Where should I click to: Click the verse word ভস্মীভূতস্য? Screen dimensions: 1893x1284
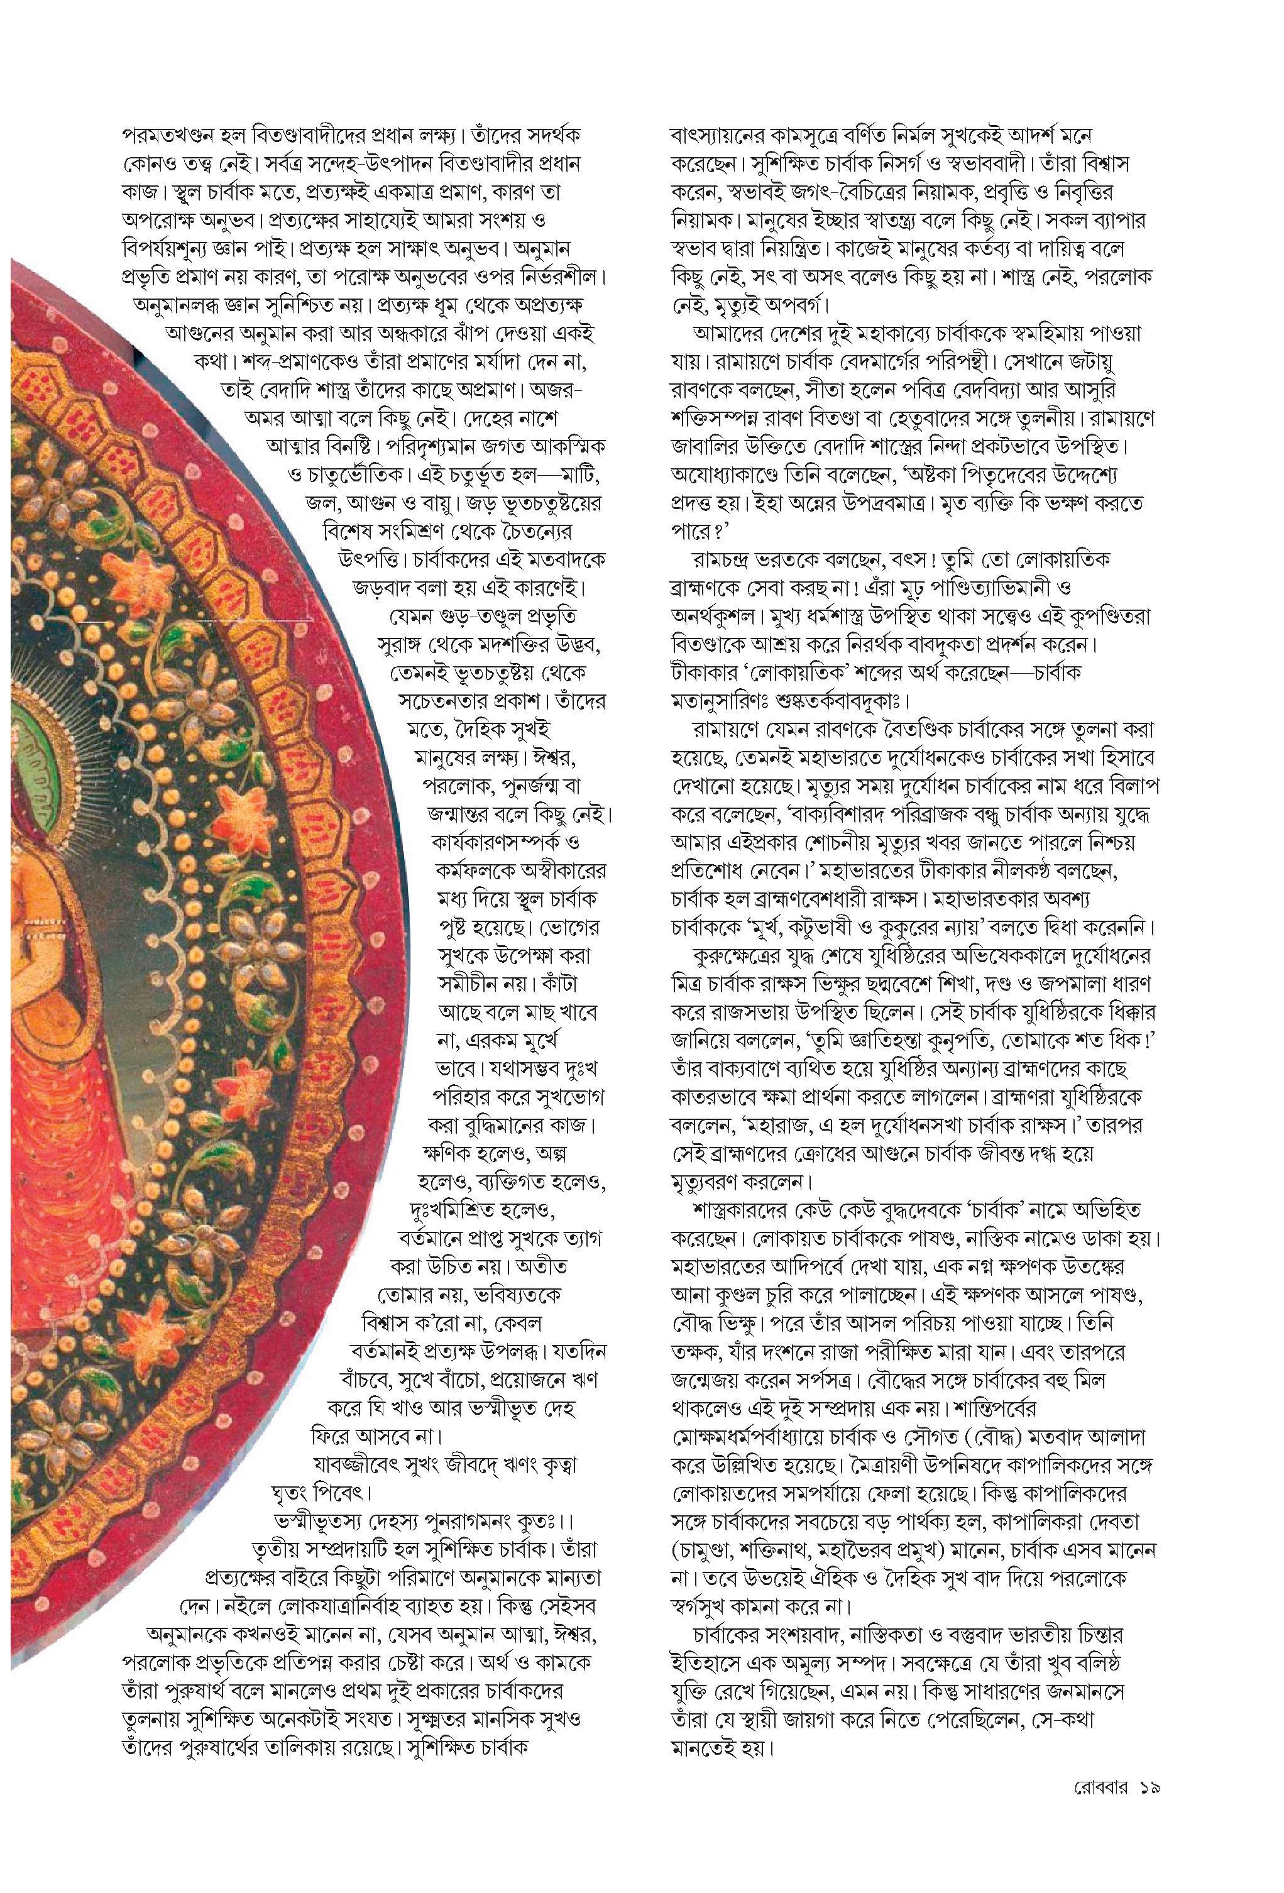[318, 1522]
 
